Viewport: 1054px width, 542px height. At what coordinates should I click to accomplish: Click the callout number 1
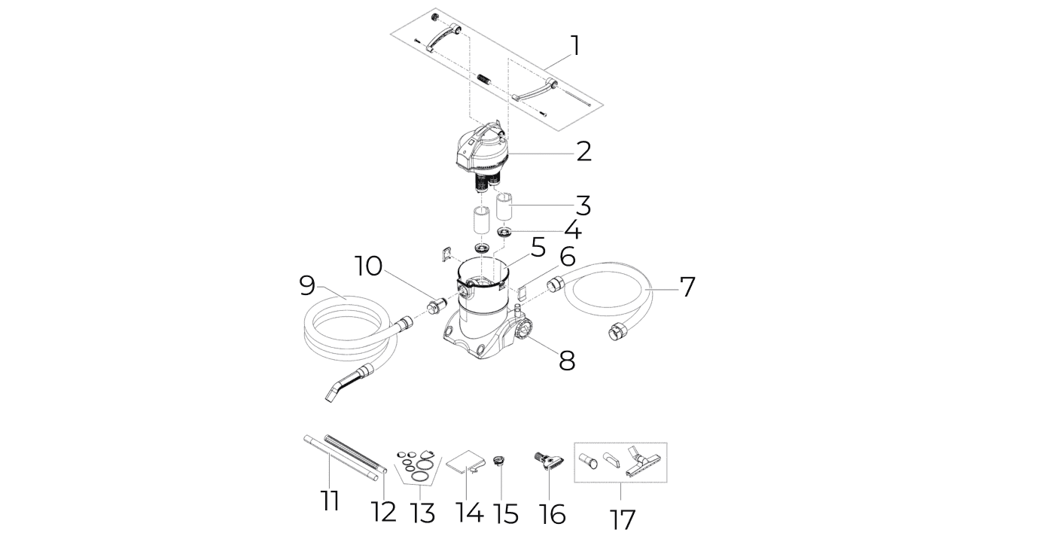(x=575, y=45)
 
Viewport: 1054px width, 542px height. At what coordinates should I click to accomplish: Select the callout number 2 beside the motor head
(x=583, y=151)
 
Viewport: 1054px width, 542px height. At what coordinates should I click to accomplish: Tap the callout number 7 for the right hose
(x=687, y=287)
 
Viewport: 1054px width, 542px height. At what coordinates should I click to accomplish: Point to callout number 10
(x=368, y=266)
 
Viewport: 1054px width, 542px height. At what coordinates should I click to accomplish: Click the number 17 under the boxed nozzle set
(x=622, y=519)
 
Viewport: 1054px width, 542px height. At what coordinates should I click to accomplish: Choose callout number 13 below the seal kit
(x=422, y=513)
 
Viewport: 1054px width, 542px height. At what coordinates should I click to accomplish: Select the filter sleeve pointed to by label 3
(x=505, y=208)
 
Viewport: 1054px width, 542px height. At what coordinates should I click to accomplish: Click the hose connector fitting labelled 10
(x=435, y=306)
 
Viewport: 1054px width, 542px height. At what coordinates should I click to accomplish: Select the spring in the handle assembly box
(x=484, y=79)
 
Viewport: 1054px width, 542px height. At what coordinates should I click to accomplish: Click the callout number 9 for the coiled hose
(x=307, y=285)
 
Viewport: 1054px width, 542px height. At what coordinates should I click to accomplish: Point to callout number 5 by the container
(x=538, y=248)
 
